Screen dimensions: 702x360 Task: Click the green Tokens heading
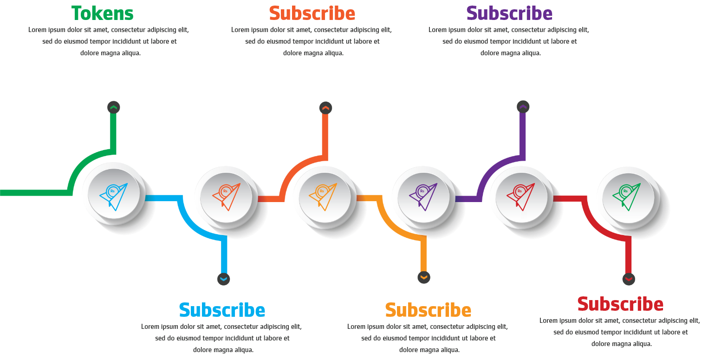tap(103, 13)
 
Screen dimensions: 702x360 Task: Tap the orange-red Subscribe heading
tap(312, 13)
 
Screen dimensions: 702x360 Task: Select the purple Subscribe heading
tap(509, 13)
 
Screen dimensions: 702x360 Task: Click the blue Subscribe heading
tap(222, 310)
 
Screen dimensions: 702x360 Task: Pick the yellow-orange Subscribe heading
tap(428, 310)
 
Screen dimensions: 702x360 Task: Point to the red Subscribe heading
tap(620, 304)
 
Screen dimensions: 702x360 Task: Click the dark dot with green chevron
tap(113, 107)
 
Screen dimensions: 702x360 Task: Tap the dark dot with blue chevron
tap(223, 279)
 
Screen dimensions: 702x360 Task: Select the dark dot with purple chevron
tap(523, 107)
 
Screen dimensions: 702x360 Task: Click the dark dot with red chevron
tap(629, 279)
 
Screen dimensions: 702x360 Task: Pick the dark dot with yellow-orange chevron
tap(424, 277)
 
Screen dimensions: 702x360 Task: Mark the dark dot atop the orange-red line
tap(325, 108)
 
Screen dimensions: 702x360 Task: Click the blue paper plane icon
tap(114, 196)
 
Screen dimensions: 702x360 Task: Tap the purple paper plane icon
tap(423, 197)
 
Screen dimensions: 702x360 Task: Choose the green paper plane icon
tap(627, 197)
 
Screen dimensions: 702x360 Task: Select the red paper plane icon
tap(521, 197)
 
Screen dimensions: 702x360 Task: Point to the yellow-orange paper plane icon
tap(323, 197)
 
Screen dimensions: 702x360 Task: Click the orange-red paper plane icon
tap(226, 197)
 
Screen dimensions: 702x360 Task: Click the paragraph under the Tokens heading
tap(109, 41)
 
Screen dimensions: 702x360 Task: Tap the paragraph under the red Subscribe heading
tap(619, 332)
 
